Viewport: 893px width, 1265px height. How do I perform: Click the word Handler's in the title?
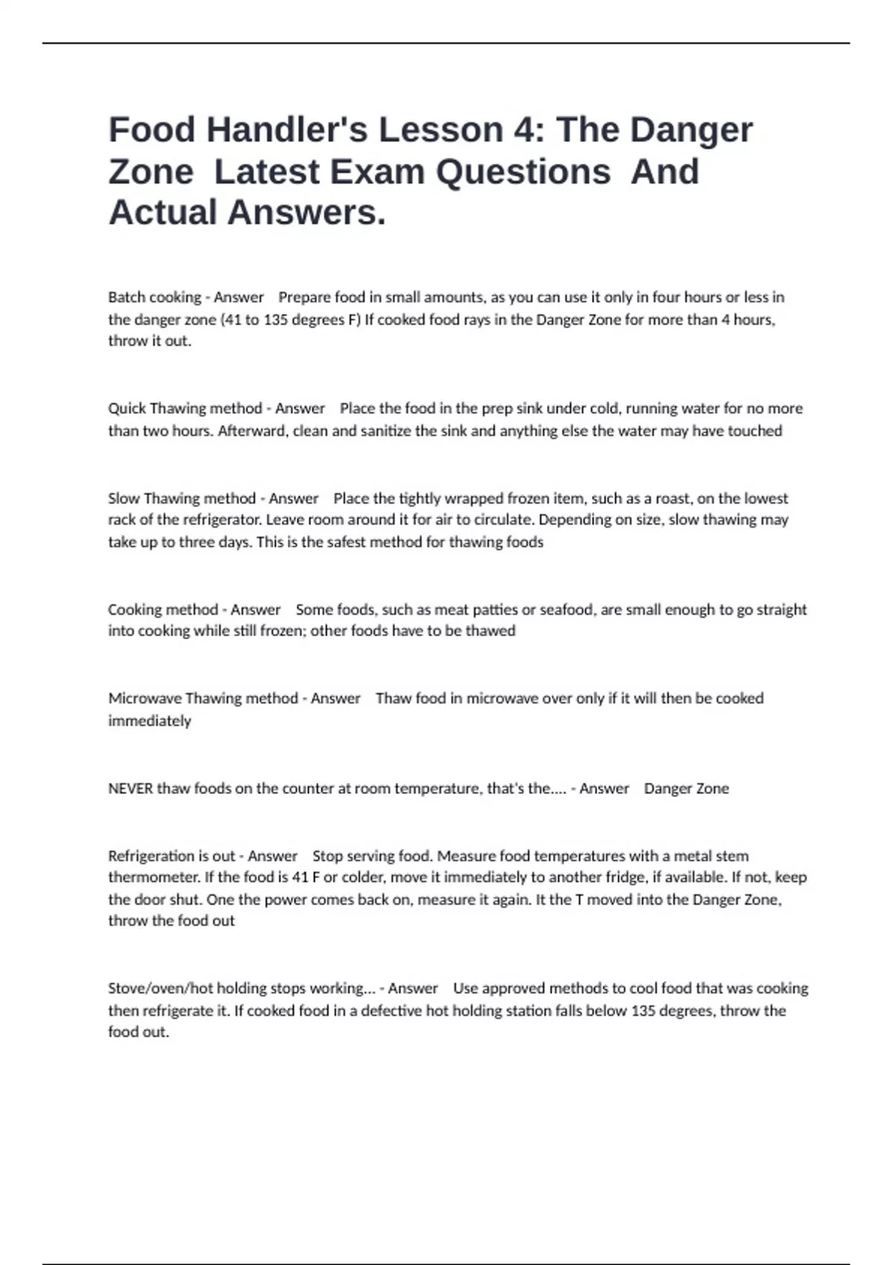pos(287,129)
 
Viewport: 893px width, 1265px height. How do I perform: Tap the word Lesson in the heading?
pos(441,129)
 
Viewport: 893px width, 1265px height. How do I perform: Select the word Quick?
pos(127,409)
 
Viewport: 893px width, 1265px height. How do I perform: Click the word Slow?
pos(124,499)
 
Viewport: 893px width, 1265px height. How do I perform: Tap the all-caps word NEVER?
pos(130,789)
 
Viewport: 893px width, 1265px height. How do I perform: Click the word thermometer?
pos(154,877)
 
